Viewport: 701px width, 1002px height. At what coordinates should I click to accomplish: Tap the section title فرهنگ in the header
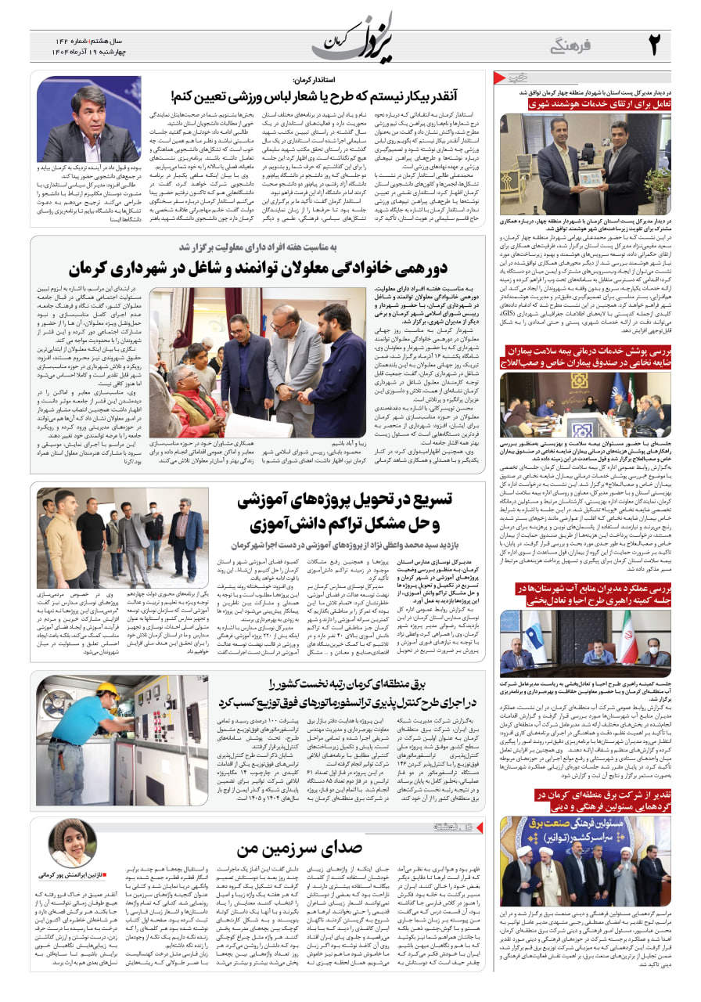point(573,47)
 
